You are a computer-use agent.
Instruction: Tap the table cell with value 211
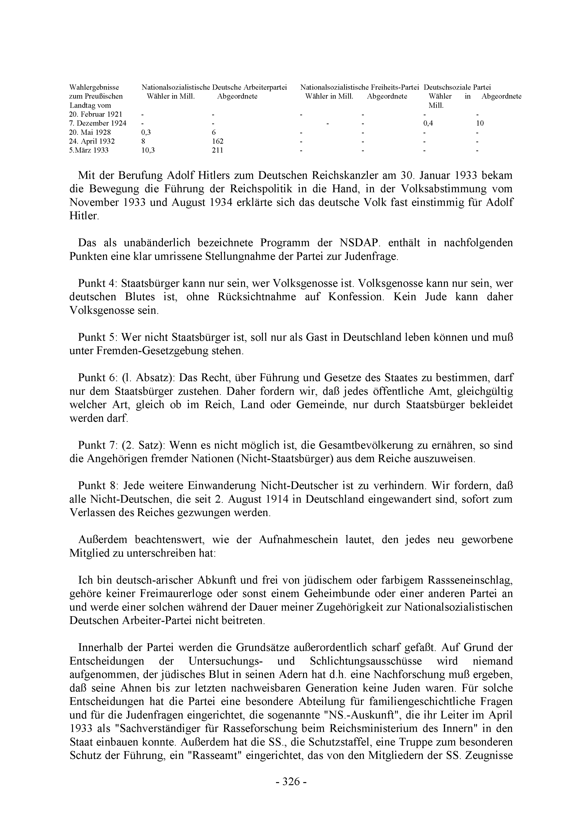coord(217,150)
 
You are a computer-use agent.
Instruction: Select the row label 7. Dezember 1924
coord(98,123)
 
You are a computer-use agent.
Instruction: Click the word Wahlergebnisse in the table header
coord(94,87)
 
